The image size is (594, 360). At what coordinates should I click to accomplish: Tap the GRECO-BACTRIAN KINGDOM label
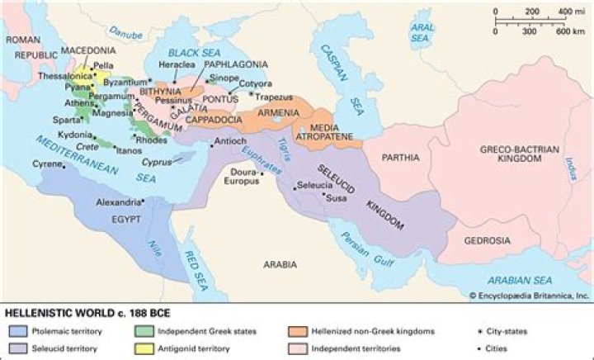[x=519, y=154]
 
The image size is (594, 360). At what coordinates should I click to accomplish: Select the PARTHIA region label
[x=402, y=157]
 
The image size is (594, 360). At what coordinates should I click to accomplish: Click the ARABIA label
[x=280, y=265]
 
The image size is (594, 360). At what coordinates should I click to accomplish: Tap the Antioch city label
[x=230, y=141]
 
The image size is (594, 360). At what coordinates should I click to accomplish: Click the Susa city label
[x=337, y=198]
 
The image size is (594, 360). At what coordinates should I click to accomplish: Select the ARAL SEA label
[x=422, y=32]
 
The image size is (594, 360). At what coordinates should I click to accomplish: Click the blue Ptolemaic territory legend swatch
[x=18, y=332]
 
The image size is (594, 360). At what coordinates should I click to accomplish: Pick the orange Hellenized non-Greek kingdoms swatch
[x=299, y=332]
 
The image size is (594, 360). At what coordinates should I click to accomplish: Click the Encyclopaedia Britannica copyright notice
[x=528, y=295]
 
